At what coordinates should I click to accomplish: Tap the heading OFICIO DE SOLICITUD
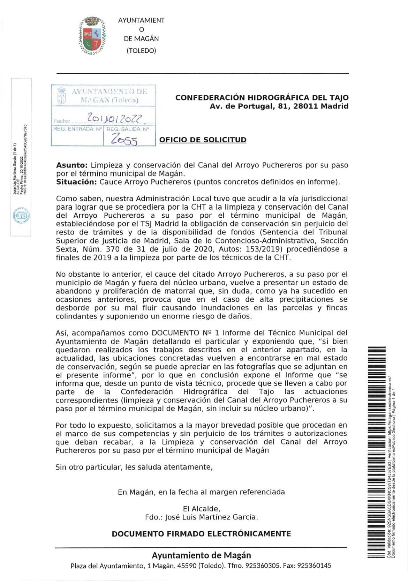(x=203, y=140)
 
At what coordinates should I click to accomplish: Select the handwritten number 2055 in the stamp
(x=124, y=140)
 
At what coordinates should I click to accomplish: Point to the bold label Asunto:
(x=71, y=165)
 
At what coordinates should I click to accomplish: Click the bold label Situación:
(x=76, y=182)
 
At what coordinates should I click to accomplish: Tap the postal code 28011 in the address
(x=307, y=106)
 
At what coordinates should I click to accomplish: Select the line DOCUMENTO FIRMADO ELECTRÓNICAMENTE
(x=201, y=534)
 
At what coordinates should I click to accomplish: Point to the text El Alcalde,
(x=201, y=509)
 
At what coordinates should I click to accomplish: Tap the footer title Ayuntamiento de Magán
(x=201, y=555)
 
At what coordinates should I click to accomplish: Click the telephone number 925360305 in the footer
(x=263, y=566)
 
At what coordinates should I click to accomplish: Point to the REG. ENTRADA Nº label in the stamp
(x=77, y=129)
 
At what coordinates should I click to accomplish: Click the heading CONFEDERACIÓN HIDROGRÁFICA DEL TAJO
(x=262, y=98)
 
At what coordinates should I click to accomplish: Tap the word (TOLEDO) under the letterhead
(x=141, y=51)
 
